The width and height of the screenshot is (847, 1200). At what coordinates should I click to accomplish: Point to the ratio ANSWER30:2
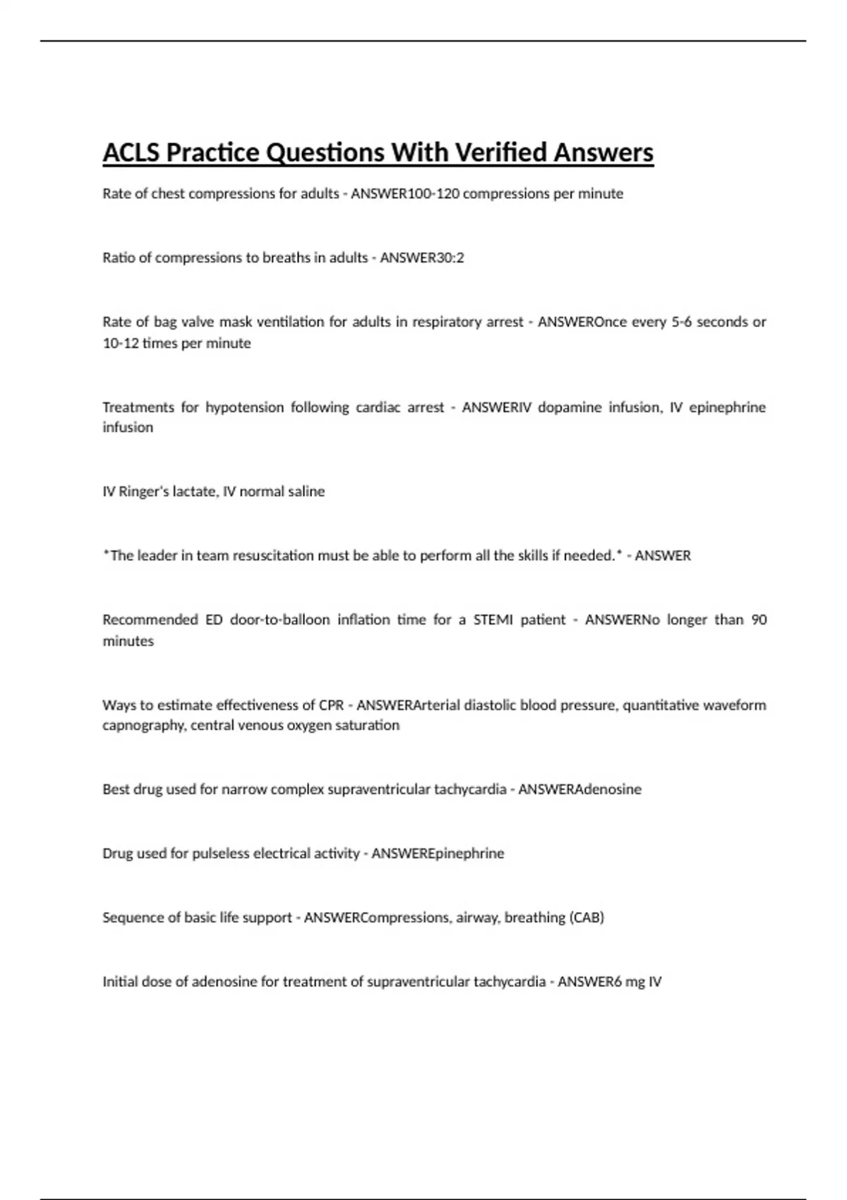[422, 258]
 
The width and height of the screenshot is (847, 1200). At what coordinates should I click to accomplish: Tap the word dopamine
[569, 407]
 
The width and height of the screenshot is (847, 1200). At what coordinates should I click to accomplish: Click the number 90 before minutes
[759, 620]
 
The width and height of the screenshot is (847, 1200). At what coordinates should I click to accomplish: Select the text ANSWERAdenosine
[579, 789]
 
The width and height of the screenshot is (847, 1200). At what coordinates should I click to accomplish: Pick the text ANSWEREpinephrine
[438, 853]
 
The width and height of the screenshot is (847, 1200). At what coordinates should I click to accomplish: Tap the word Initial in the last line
[119, 982]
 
